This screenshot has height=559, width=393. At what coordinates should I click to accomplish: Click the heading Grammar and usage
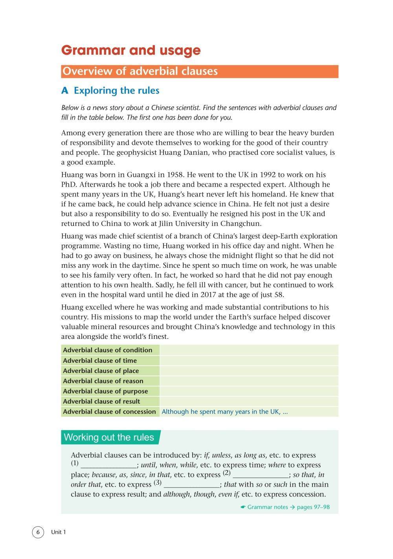[x=131, y=50]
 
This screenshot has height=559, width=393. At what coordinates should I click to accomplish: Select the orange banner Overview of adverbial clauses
[x=200, y=71]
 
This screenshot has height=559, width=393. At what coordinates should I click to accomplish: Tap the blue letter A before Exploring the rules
[x=65, y=91]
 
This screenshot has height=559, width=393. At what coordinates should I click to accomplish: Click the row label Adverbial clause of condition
[x=107, y=350]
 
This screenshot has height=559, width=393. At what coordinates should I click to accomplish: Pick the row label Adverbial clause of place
[x=101, y=371]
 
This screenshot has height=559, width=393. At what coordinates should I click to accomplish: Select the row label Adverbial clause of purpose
[x=105, y=391]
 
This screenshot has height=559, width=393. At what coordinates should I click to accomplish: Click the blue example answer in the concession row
[x=224, y=412]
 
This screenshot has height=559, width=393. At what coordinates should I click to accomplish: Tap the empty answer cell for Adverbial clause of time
[x=249, y=360]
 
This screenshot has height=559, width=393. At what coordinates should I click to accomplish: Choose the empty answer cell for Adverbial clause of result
[x=249, y=401]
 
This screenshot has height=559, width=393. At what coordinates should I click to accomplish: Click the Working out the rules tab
[x=109, y=437]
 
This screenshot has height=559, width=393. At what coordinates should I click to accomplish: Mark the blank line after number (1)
[x=108, y=465]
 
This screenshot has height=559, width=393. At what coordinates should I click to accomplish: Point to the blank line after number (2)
[x=260, y=474]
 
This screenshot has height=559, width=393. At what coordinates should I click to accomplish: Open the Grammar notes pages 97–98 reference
[x=285, y=507]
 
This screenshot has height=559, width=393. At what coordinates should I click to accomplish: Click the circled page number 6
[x=38, y=532]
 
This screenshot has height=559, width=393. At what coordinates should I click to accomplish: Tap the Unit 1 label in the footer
[x=59, y=532]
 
